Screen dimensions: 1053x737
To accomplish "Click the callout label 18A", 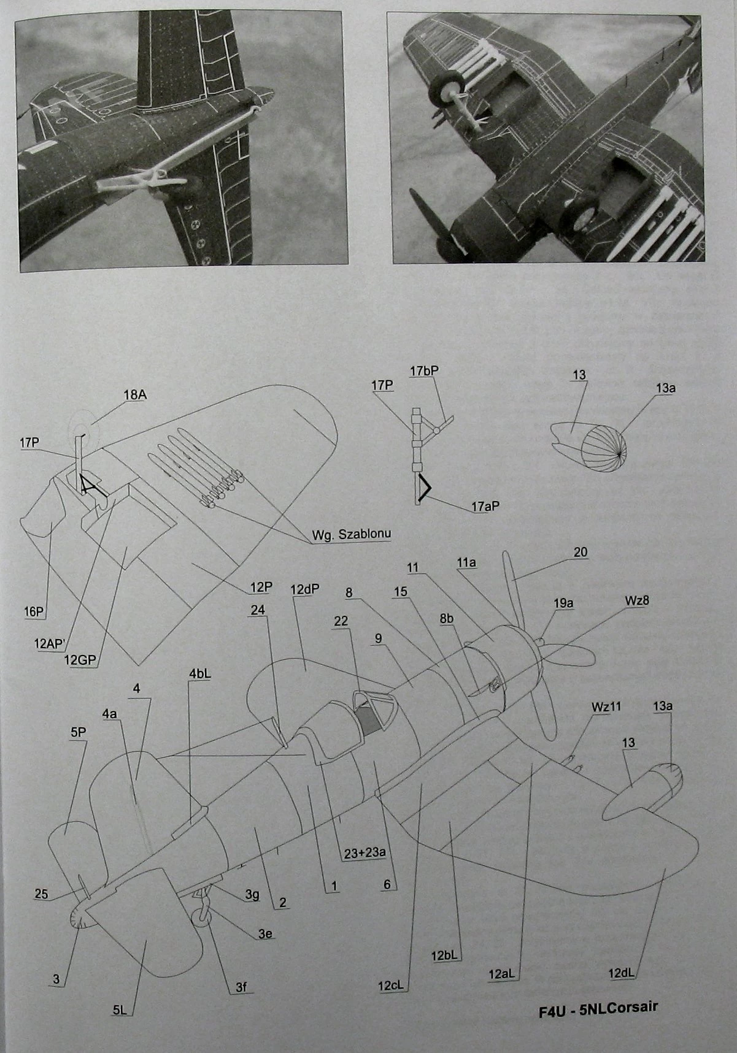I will [134, 395].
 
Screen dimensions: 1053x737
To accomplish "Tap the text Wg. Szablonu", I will [351, 534].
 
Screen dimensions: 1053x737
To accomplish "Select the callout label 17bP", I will [424, 371].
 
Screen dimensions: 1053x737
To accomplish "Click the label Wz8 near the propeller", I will [636, 600].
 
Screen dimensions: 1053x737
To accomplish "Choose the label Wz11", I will [606, 706].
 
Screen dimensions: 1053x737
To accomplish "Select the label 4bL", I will [200, 673].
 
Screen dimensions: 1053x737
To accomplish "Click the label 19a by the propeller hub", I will [563, 603].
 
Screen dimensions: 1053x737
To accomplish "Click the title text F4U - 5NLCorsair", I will [598, 1009].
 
